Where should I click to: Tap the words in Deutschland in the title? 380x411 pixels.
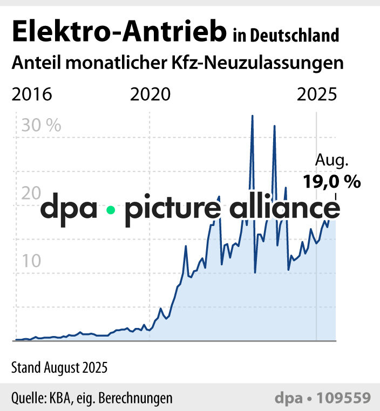(x=286, y=36)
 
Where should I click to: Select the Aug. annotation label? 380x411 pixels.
(x=332, y=161)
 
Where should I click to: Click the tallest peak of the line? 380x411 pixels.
(x=252, y=116)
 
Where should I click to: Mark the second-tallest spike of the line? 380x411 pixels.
(x=274, y=126)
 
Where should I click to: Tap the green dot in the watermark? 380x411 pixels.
(x=111, y=210)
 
